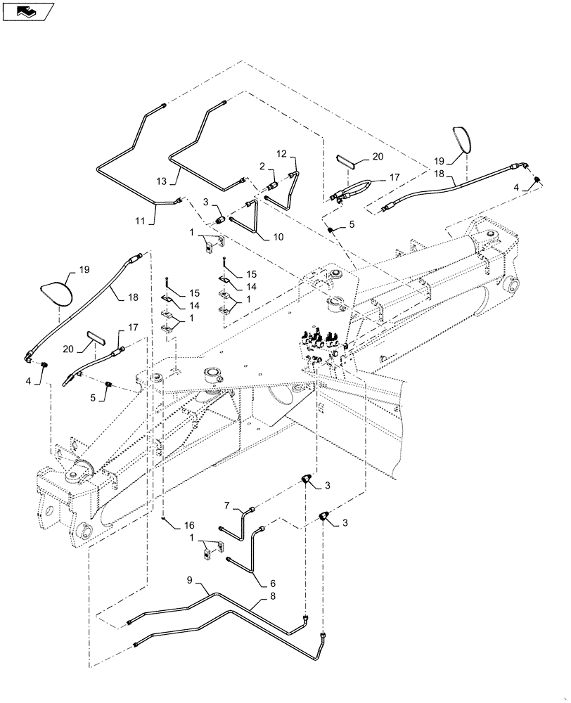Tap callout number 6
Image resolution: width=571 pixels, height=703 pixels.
click(272, 583)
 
